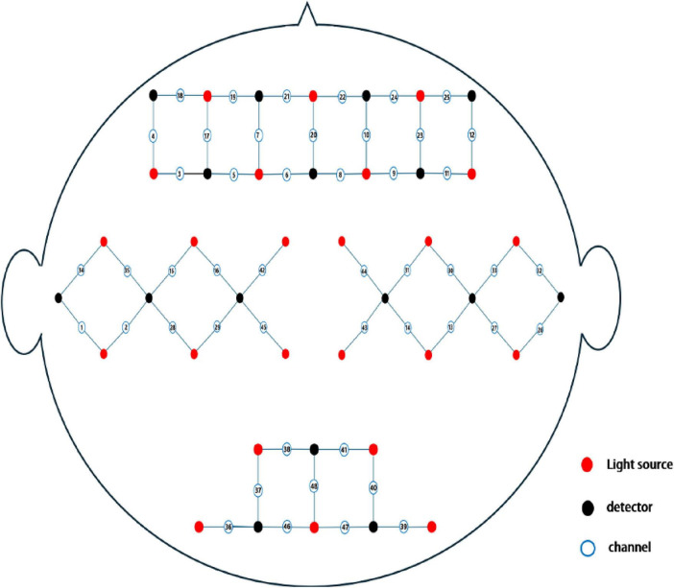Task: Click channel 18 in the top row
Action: (x=181, y=95)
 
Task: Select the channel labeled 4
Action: (x=154, y=134)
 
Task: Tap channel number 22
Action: (x=342, y=96)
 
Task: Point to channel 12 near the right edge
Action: (x=471, y=134)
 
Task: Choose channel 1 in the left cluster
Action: (x=81, y=326)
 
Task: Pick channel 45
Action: (x=263, y=326)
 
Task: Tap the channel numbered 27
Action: (x=495, y=326)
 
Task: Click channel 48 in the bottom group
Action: (x=314, y=486)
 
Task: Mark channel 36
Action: (x=229, y=526)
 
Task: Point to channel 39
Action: (x=403, y=526)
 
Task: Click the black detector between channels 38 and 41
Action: (x=314, y=448)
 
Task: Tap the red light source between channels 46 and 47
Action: (x=314, y=526)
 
